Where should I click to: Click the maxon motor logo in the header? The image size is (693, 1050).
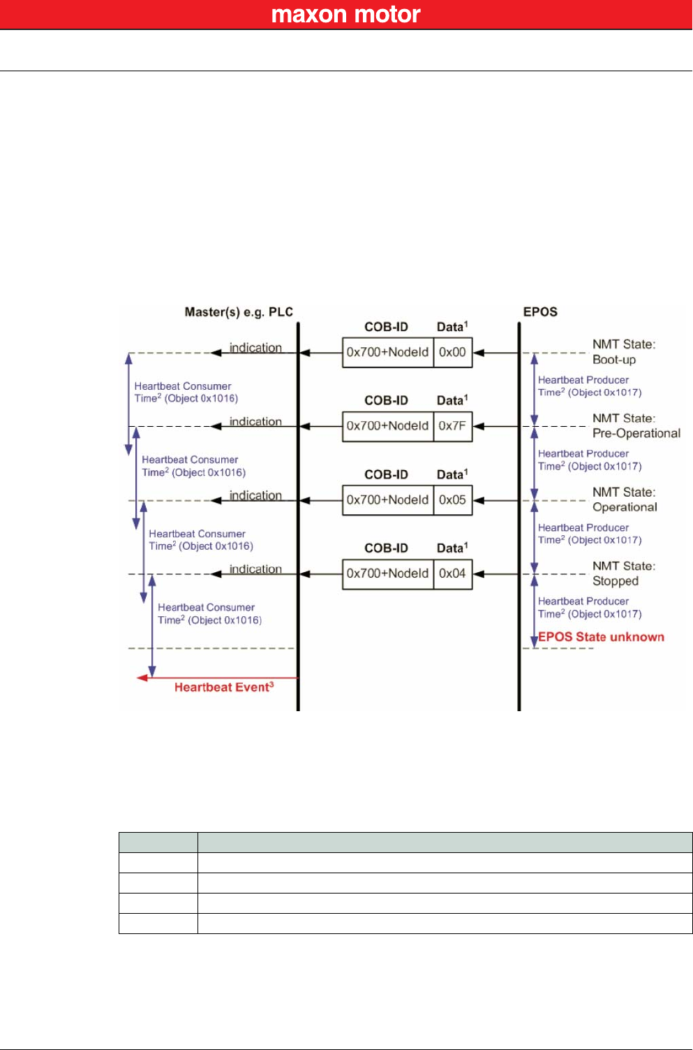tap(345, 15)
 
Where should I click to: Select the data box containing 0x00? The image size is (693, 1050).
tap(452, 352)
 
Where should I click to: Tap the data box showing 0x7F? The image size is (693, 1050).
tap(452, 426)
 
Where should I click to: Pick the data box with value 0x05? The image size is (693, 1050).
tap(452, 500)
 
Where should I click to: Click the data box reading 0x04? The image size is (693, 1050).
tap(452, 574)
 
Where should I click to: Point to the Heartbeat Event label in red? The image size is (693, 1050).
tap(223, 687)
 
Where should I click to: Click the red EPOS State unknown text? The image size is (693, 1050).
tap(601, 637)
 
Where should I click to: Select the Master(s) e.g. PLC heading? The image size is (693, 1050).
tap(239, 312)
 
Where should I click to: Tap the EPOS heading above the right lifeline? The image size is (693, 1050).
tap(540, 312)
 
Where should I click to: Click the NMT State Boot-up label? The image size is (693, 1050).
tap(623, 352)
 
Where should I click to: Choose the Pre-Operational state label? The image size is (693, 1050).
tap(636, 433)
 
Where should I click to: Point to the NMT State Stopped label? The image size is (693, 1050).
tap(623, 574)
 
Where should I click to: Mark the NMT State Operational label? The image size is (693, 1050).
tap(625, 500)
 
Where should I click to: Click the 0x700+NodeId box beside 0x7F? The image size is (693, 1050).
tap(387, 426)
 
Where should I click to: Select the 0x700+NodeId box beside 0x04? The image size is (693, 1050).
tap(387, 574)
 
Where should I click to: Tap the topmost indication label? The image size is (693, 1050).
tap(255, 347)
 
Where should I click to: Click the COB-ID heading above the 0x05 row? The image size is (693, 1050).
tap(386, 474)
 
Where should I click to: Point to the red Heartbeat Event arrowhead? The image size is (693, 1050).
tap(142, 678)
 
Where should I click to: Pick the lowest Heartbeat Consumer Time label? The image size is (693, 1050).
tap(209, 614)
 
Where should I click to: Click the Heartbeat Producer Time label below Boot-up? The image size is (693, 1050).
tap(589, 386)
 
